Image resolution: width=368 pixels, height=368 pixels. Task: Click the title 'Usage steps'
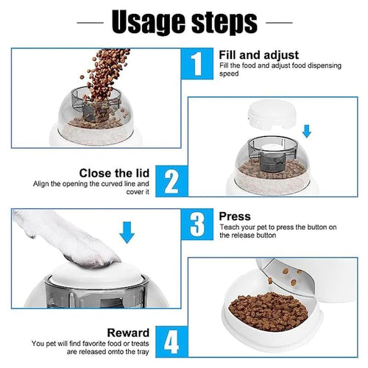[184, 23]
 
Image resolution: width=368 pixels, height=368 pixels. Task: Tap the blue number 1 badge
[196, 64]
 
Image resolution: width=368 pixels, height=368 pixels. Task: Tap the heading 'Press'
[235, 216]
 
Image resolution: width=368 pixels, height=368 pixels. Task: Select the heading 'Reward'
[128, 333]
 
